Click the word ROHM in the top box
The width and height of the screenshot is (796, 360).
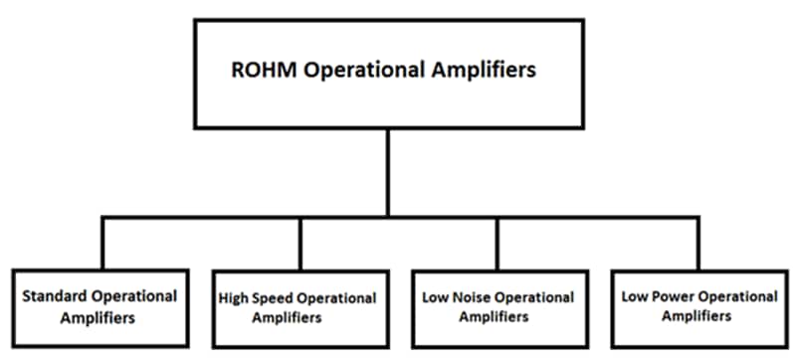click(x=261, y=71)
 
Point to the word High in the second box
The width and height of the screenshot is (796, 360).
click(x=233, y=298)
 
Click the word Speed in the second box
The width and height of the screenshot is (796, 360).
click(x=273, y=298)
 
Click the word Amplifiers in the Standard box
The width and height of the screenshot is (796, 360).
click(x=99, y=318)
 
